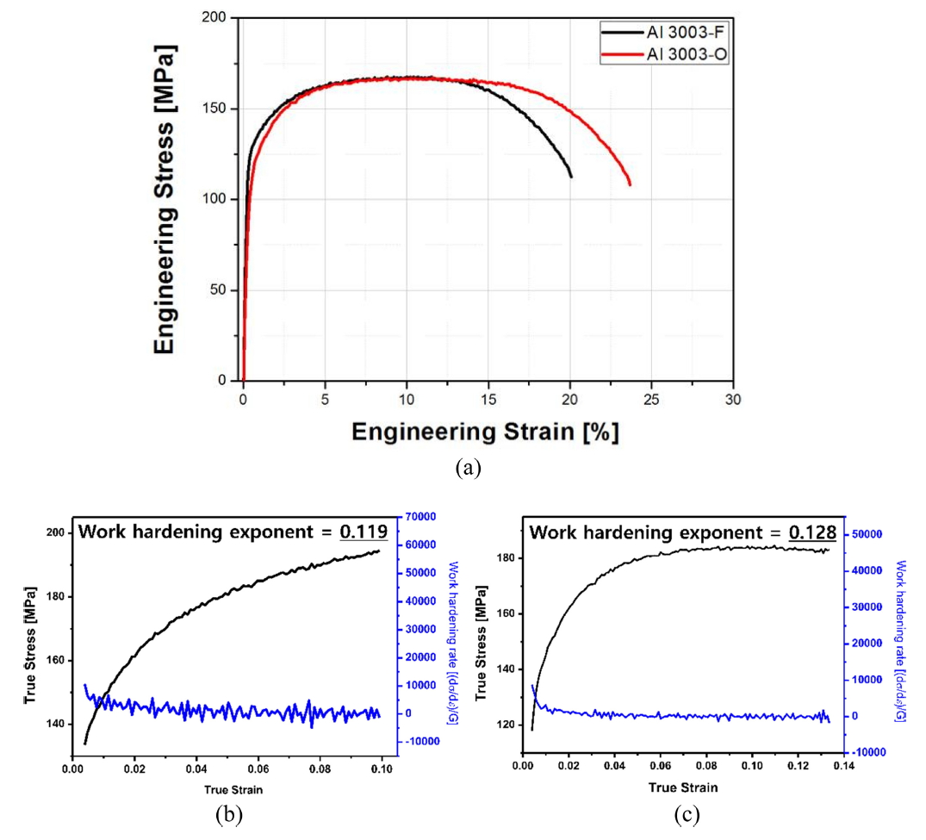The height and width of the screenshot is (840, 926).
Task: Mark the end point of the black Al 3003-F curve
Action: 570,177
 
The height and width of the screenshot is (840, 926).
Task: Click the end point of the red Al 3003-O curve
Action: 631,184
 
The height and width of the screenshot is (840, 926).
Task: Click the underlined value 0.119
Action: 364,531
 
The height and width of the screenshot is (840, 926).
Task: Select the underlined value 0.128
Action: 813,532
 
